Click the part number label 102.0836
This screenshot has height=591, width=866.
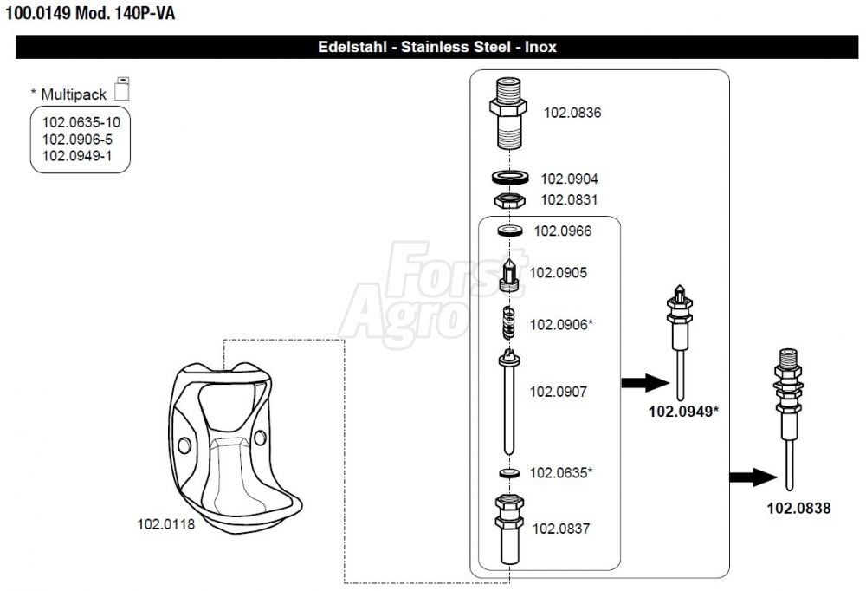coord(572,113)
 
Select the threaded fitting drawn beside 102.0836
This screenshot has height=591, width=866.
coord(508,114)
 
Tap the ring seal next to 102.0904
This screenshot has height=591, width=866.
coord(510,178)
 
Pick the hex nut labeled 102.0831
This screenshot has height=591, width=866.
coord(510,200)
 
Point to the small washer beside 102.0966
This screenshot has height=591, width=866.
coord(510,230)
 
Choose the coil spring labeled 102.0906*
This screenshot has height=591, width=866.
coord(509,323)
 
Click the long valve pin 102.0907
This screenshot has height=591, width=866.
coord(509,401)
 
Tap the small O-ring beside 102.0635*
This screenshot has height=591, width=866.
coord(509,473)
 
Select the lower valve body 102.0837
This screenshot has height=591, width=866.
coord(509,529)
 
